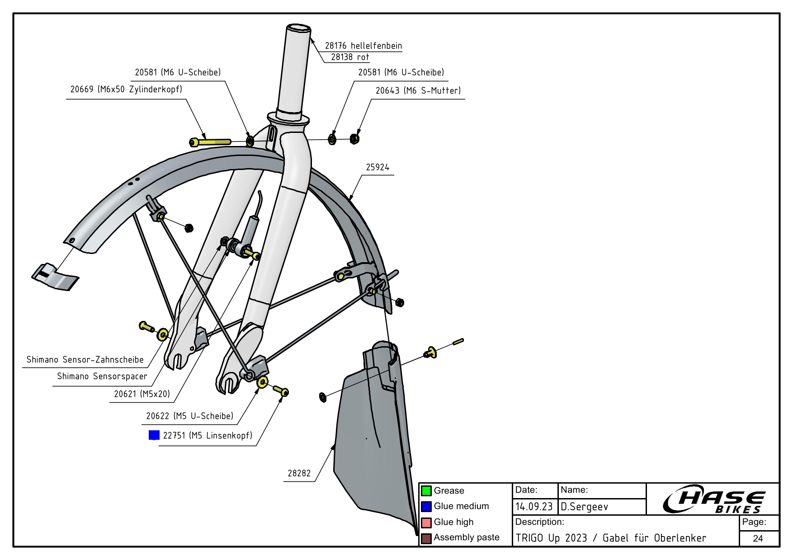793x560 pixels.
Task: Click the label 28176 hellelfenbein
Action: point(363,46)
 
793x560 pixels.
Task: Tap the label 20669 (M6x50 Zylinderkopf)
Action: point(126,89)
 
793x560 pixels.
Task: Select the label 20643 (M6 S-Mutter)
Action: point(418,90)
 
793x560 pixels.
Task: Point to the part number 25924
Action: point(377,167)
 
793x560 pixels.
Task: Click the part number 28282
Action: point(299,473)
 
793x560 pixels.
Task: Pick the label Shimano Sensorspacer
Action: point(102,376)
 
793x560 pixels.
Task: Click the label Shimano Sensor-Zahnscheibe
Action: point(85,360)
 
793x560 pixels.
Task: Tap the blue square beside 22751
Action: point(154,435)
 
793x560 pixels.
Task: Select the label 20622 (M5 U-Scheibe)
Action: point(189,416)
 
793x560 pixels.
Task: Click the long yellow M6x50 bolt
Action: point(211,142)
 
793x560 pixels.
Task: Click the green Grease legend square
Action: point(426,491)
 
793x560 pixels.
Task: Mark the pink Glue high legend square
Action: point(426,522)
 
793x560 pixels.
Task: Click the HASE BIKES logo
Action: point(713,499)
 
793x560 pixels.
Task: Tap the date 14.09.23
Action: point(534,507)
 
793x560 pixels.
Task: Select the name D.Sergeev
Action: point(584,507)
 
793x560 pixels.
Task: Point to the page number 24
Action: point(758,538)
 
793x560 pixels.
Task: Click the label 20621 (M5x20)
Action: point(142,394)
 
